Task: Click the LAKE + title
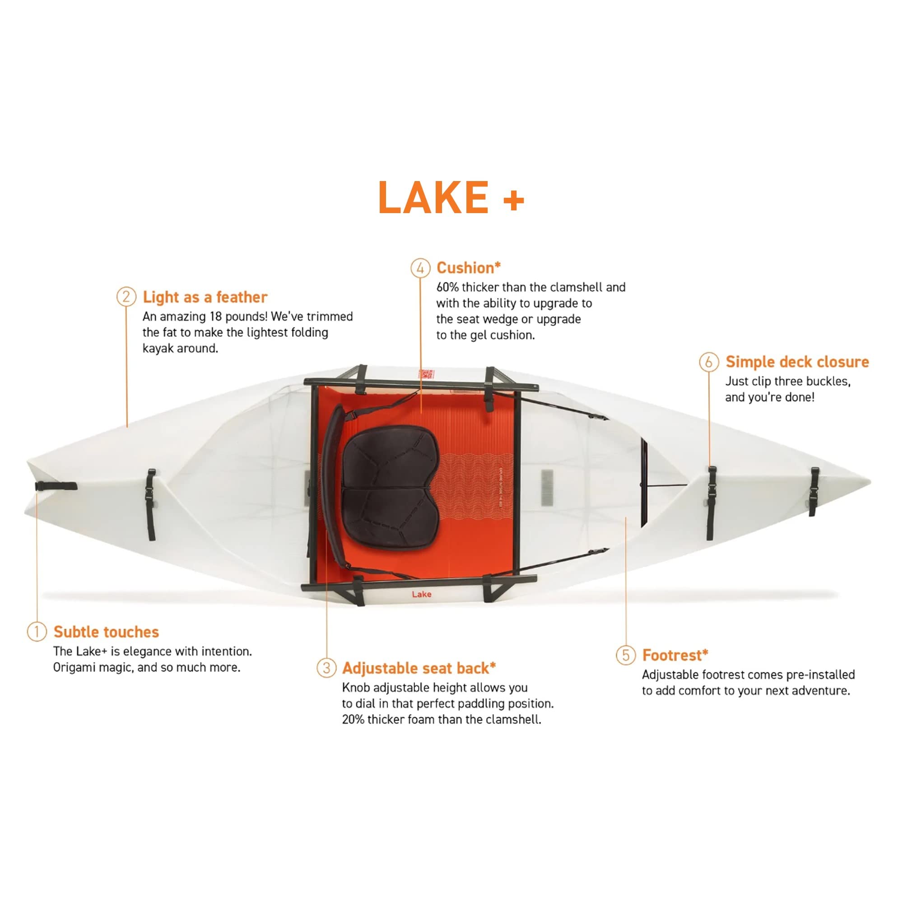point(451,198)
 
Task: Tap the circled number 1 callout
point(37,632)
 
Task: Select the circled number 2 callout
point(126,297)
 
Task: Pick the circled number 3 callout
point(326,667)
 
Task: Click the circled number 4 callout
point(420,268)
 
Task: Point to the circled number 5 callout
point(626,655)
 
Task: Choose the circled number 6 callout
point(708,362)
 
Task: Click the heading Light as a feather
point(205,297)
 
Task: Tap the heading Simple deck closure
point(797,362)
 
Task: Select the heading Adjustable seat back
point(419,668)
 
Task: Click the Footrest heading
point(675,655)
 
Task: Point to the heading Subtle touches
point(106,632)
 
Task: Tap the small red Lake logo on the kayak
point(421,594)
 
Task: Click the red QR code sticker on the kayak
point(426,374)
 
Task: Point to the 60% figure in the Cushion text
point(447,287)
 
